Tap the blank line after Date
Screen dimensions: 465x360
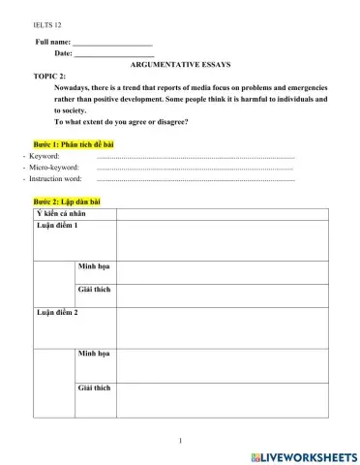click(113, 54)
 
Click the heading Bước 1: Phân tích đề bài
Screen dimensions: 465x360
click(75, 143)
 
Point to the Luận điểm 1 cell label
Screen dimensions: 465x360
click(57, 226)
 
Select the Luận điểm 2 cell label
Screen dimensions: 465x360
click(57, 314)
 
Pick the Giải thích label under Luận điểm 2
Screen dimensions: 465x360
click(94, 387)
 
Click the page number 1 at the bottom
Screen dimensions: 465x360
click(180, 441)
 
